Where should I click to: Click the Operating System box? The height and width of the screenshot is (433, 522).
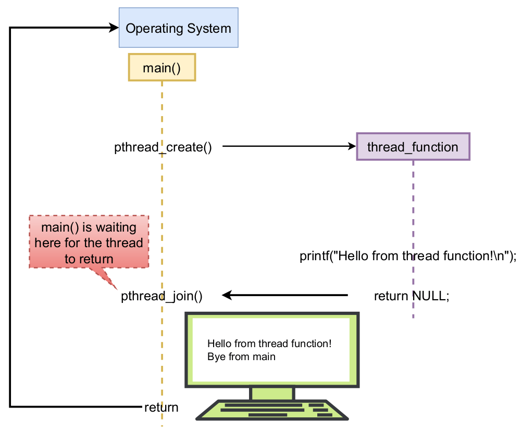coord(178,28)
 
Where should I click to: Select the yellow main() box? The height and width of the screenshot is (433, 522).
coord(161,67)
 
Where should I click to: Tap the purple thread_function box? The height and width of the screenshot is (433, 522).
coord(413,147)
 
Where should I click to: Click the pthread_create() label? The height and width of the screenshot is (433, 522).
coord(163,147)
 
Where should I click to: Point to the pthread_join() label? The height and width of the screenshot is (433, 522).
coord(161,296)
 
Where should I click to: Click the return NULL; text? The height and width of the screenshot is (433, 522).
coord(411,296)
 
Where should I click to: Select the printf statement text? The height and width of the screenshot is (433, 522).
coord(407,256)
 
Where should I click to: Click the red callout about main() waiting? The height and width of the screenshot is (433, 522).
coord(89,243)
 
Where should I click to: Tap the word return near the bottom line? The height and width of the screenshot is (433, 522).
coord(161,407)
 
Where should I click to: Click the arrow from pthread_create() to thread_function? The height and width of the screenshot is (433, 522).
coord(287,147)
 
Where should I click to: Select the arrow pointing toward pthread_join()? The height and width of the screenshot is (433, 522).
coord(287,296)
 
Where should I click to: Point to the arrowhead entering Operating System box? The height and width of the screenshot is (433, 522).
coord(114,28)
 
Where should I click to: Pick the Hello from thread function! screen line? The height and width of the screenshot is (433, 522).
coord(269,344)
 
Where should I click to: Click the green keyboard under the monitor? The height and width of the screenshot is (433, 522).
coord(272,410)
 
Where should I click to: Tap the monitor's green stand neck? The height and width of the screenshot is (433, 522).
coord(272,393)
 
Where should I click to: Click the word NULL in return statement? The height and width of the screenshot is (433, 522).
coord(429,296)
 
